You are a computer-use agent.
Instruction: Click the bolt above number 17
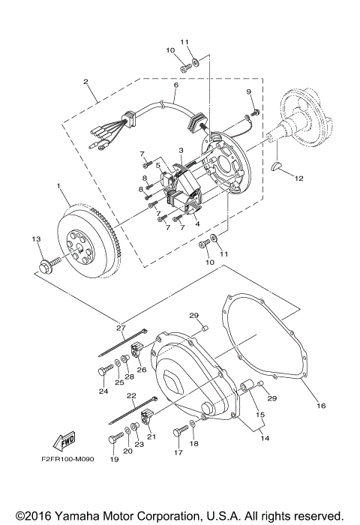181,432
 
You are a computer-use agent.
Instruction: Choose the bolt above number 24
104,369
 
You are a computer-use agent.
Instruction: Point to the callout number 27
120,328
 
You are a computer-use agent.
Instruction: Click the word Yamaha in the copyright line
72,516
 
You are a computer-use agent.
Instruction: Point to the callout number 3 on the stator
181,150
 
